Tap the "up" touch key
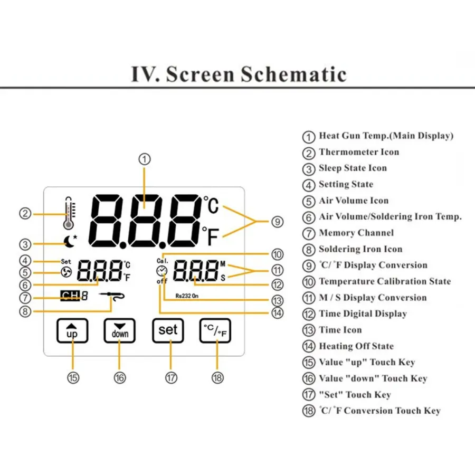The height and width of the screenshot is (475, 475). click(x=72, y=331)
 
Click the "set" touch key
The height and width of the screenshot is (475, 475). click(x=168, y=330)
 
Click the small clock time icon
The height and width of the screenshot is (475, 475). click(x=161, y=271)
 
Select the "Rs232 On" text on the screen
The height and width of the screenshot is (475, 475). click(x=187, y=297)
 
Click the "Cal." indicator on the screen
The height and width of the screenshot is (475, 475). click(x=161, y=261)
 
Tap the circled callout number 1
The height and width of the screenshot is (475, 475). click(x=146, y=158)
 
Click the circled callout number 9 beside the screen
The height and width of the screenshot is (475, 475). click(x=278, y=222)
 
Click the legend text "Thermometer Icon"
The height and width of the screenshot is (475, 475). click(x=359, y=152)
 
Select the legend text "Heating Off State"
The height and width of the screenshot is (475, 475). click(x=356, y=346)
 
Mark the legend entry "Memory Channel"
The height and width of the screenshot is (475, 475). click(x=356, y=233)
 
